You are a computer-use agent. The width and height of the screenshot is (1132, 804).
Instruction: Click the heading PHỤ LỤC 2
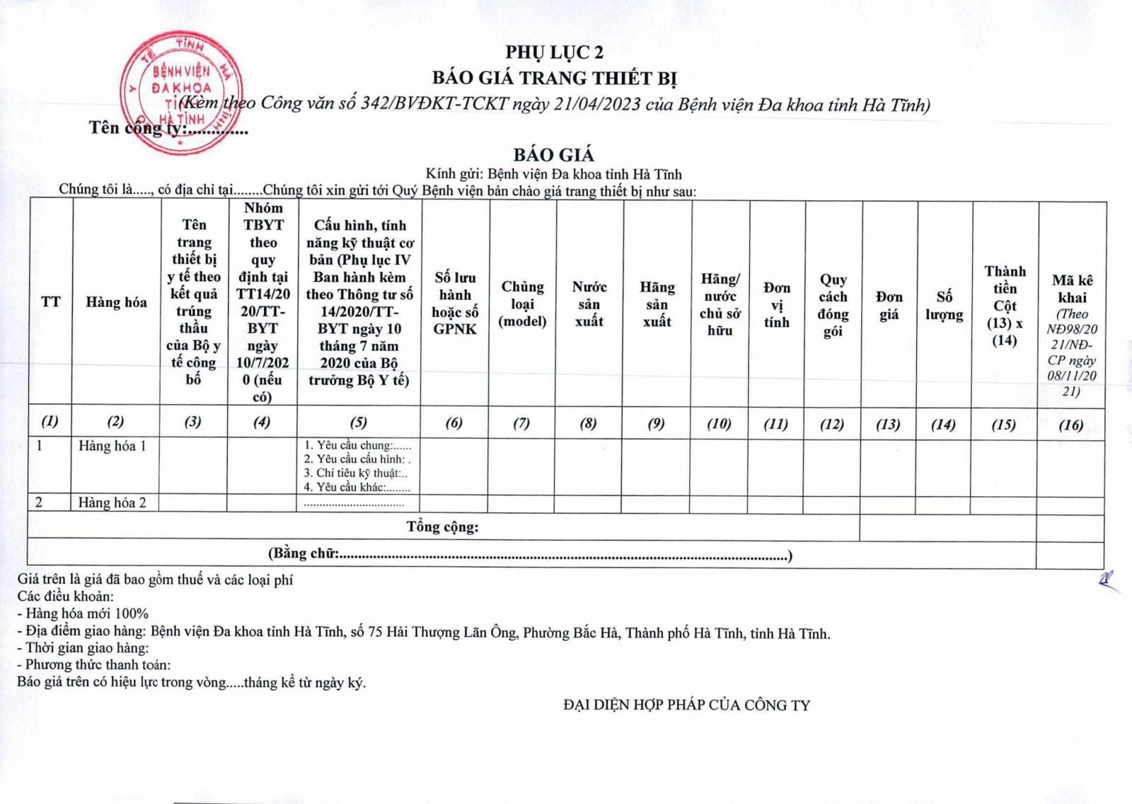[554, 52]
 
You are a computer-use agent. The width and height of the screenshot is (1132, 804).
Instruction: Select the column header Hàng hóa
[116, 302]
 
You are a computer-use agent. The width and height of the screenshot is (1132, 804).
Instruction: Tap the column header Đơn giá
[889, 306]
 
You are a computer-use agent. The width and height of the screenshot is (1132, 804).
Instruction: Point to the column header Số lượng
[944, 306]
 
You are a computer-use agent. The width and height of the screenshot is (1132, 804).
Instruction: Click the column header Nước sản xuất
[589, 304]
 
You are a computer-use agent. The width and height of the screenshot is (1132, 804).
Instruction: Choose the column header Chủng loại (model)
[522, 304]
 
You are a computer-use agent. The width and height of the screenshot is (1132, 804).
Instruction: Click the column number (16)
[1070, 425]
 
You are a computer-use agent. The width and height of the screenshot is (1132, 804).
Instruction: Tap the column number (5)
[359, 423]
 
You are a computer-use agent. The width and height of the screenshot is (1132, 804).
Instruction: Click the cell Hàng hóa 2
[112, 502]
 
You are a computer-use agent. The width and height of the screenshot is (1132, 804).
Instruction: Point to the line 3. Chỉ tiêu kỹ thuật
[356, 473]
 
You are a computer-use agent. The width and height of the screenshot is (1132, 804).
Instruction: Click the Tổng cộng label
[442, 527]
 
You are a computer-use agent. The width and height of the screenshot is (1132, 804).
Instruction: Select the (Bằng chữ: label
[304, 553]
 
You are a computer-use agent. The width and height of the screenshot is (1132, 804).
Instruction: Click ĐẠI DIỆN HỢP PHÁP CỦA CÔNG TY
[686, 705]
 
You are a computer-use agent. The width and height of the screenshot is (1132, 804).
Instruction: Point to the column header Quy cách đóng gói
[833, 305]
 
